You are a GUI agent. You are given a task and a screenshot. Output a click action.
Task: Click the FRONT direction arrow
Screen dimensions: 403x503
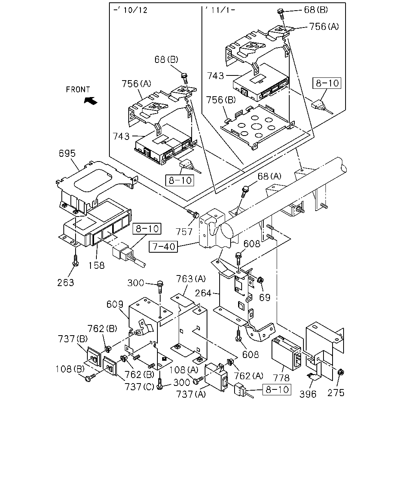tap(91, 101)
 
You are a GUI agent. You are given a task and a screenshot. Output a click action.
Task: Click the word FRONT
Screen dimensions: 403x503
tap(78, 90)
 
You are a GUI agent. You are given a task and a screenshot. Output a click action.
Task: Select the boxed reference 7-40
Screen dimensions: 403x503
tap(163, 247)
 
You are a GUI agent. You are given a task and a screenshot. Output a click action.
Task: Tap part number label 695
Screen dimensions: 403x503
tap(67, 153)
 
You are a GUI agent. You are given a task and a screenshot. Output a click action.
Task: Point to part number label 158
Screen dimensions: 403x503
tap(96, 265)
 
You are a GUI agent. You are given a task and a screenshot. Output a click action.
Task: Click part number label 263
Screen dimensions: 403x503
tap(66, 283)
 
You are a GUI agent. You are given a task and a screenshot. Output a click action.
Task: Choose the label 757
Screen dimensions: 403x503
tap(184, 232)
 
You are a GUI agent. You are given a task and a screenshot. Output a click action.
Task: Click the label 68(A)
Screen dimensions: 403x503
tap(269, 176)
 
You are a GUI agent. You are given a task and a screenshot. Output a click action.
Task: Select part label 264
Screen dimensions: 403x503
tap(203, 293)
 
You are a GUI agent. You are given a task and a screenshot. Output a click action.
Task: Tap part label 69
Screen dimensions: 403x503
tap(265, 297)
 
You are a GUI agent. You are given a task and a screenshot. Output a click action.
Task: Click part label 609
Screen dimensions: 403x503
tap(115, 304)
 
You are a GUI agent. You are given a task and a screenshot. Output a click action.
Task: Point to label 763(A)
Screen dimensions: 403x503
tap(191, 279)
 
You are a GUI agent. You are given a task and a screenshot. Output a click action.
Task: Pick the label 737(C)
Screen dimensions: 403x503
tap(139, 387)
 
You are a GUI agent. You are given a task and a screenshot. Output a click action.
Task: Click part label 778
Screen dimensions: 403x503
tap(281, 378)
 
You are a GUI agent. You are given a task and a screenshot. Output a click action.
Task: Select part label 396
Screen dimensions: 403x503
tap(308, 394)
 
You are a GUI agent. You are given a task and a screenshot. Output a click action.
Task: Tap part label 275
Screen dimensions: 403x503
tap(336, 393)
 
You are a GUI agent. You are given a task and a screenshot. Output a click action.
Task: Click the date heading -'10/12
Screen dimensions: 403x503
tap(130, 10)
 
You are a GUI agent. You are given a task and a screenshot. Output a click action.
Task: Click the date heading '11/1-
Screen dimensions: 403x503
tap(220, 10)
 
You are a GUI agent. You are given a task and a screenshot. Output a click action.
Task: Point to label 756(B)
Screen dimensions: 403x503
tap(221, 100)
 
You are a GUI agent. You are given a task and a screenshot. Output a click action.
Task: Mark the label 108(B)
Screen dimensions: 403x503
tap(70, 369)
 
